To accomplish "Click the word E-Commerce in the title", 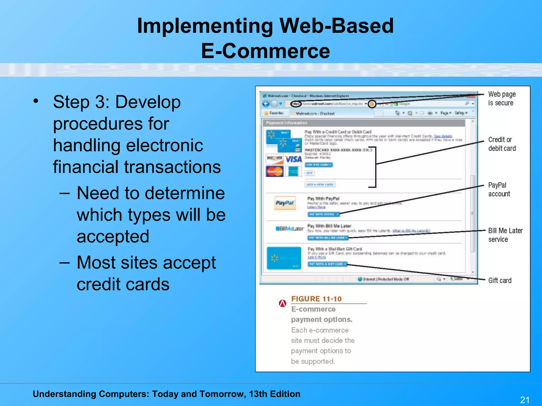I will (x=265, y=51).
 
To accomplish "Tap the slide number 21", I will (x=525, y=400).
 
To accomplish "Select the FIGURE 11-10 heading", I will (x=316, y=299).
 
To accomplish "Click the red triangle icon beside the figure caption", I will (x=282, y=303).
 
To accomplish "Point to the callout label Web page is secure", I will (x=502, y=98).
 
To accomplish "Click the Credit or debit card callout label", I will (x=502, y=144).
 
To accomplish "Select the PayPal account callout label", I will (x=499, y=189).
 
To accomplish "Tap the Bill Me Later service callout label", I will (x=505, y=235).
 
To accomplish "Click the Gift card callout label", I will (x=500, y=280).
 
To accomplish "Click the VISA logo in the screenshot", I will (x=293, y=159).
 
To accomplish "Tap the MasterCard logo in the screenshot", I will (x=274, y=172).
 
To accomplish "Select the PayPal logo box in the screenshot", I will (x=285, y=203).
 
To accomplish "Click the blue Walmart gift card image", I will (x=284, y=258).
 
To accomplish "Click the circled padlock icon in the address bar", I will (x=372, y=104).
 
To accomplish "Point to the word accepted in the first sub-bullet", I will (x=113, y=236).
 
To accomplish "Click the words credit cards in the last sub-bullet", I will (x=123, y=284).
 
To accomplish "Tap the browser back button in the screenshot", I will (x=266, y=104).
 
